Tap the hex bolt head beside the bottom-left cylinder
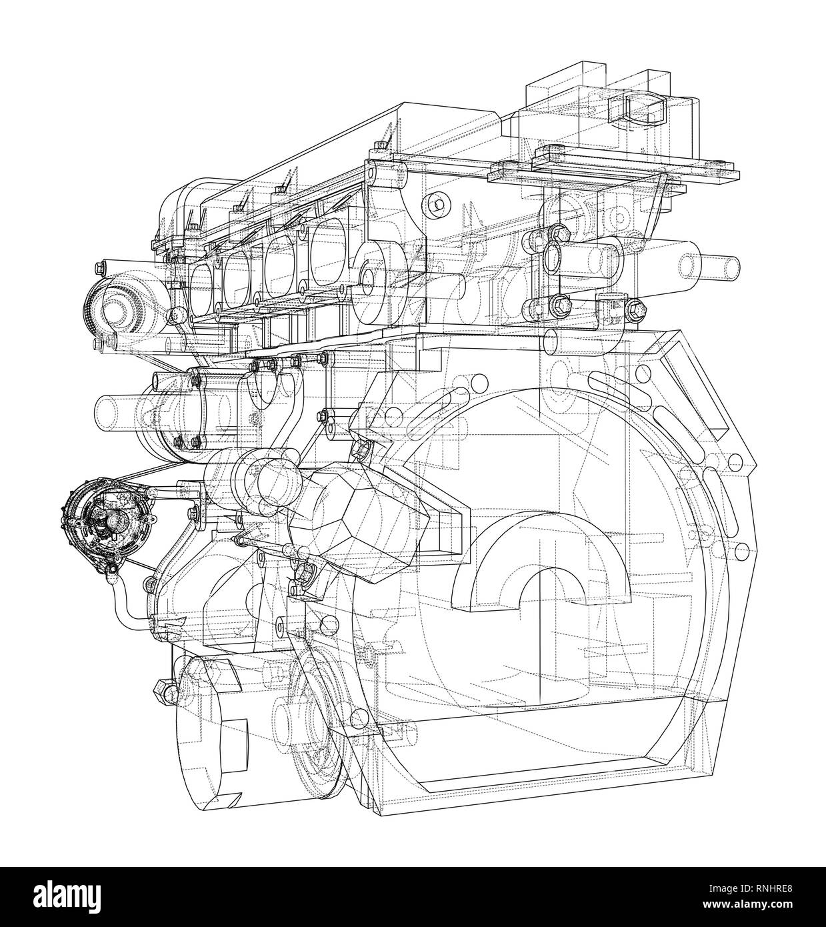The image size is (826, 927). (x=162, y=687)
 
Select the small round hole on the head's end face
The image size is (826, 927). (x=437, y=204)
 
